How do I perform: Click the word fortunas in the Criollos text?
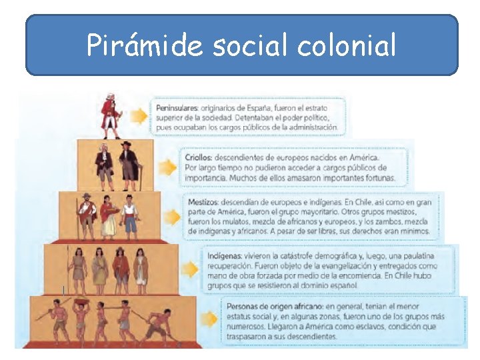click(377, 178)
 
